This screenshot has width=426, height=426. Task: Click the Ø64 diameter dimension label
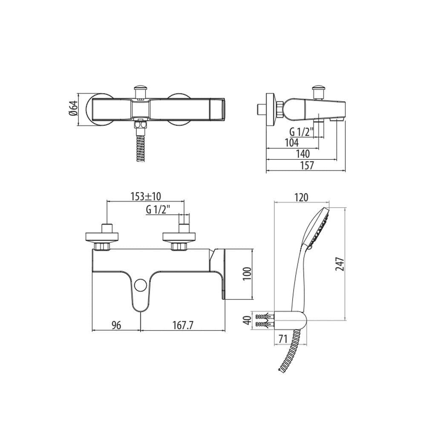point(73,109)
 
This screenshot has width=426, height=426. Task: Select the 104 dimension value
point(291,142)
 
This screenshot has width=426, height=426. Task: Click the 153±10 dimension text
point(146,196)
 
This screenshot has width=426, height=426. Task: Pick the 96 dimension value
point(116,325)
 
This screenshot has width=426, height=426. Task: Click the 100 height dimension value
point(248,274)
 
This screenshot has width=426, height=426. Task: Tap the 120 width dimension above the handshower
point(301,197)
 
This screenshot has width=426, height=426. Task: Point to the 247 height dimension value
point(340,264)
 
